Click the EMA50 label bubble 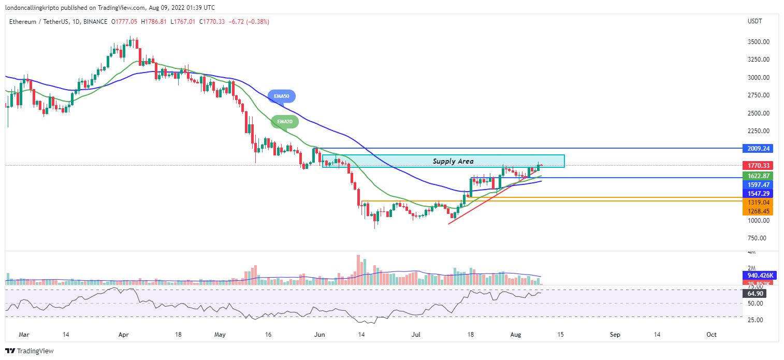coord(282,96)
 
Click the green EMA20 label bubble coord(285,121)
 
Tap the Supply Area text coord(453,162)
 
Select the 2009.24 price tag coord(757,148)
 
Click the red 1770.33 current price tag coord(757,166)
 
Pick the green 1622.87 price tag coord(757,176)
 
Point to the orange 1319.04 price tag coord(757,202)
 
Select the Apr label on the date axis coord(123,335)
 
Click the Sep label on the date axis coord(615,335)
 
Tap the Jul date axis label coord(415,335)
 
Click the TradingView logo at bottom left coord(30,351)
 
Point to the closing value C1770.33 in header coord(201,22)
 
